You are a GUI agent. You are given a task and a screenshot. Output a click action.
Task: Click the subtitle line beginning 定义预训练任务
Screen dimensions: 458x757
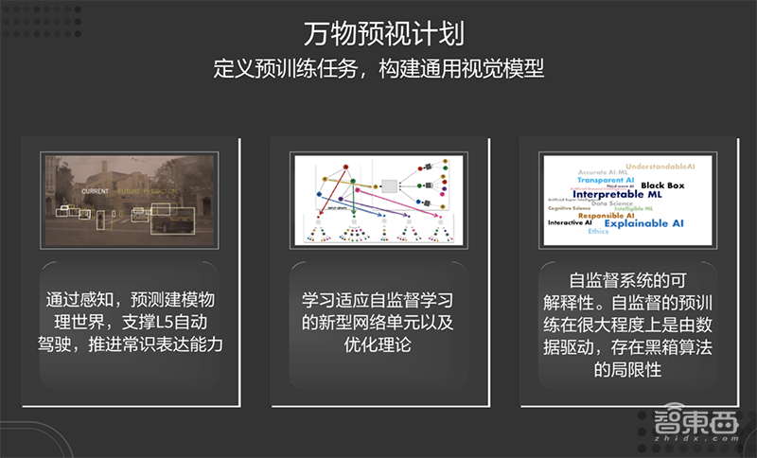[378, 69]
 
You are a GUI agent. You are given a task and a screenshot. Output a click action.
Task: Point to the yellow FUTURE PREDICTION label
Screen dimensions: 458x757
[150, 190]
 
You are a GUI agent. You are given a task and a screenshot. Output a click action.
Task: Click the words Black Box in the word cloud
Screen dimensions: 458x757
[661, 185]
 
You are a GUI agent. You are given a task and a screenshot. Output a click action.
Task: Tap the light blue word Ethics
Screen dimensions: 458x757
[598, 232]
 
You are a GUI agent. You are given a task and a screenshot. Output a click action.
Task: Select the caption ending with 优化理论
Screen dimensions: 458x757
[378, 323]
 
